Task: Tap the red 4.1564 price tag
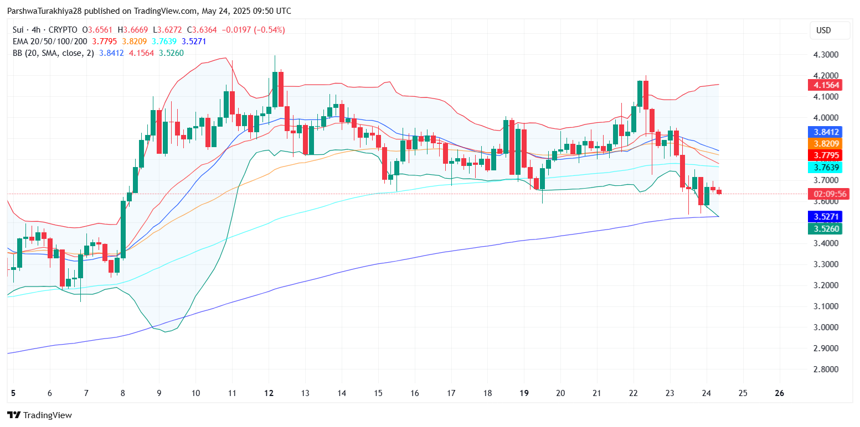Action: click(825, 85)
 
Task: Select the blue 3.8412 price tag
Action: click(825, 132)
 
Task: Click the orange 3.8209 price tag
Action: click(825, 143)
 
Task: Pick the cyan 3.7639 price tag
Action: click(825, 168)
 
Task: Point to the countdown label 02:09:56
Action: click(825, 194)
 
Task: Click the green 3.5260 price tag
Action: click(825, 228)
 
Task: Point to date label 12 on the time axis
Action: click(269, 393)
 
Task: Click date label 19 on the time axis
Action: click(524, 393)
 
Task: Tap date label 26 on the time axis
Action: click(780, 393)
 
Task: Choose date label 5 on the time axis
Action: click(13, 393)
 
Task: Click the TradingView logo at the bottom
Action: click(39, 415)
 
